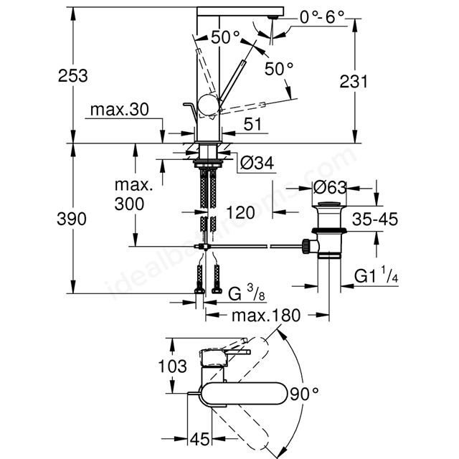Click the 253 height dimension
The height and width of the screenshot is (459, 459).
coord(73,75)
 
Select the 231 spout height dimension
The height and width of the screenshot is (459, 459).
coord(354,81)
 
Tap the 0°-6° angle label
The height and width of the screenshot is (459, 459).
coord(322,17)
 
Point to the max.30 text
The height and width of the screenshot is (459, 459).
coord(120,110)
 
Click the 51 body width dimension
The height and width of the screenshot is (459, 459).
coord(252,124)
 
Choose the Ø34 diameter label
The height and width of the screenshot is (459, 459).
coord(257,163)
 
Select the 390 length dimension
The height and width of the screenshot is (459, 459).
coord(72,219)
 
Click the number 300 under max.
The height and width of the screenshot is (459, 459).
coord(129,204)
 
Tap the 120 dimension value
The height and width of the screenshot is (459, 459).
coord(240,212)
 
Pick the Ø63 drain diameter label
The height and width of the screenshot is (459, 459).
coord(330,187)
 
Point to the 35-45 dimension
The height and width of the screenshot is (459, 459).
coord(375,219)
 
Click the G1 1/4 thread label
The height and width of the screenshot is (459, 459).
coord(376,275)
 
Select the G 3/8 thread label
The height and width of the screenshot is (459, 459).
coord(247,293)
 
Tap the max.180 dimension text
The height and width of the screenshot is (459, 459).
coord(266,316)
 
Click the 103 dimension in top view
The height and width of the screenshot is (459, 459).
coord(172,366)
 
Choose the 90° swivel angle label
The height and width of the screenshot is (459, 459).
coord(304,394)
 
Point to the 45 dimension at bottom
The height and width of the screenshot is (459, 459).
coord(200,439)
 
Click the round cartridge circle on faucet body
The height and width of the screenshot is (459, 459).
coord(208,105)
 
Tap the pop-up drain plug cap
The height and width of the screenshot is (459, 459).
coord(329,204)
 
